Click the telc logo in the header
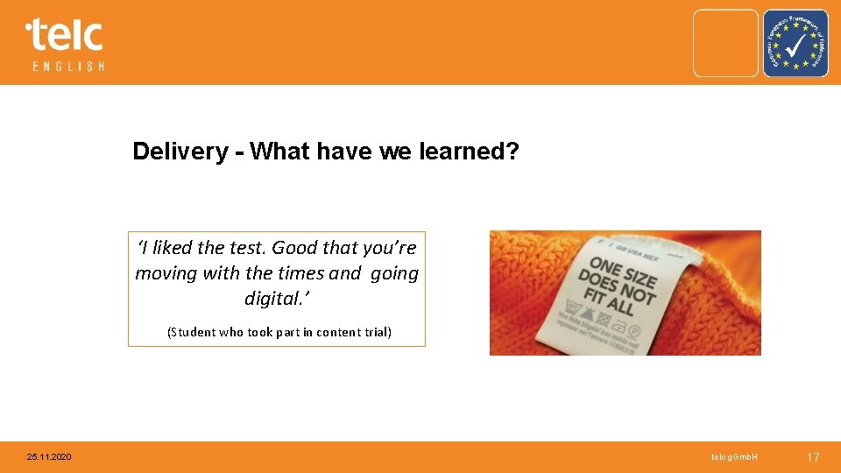64,36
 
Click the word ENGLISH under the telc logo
68,67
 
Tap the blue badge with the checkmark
795,43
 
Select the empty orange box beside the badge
725,43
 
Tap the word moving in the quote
166,273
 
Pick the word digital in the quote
272,299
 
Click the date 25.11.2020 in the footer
49,457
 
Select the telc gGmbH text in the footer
734,457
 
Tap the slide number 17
813,457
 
